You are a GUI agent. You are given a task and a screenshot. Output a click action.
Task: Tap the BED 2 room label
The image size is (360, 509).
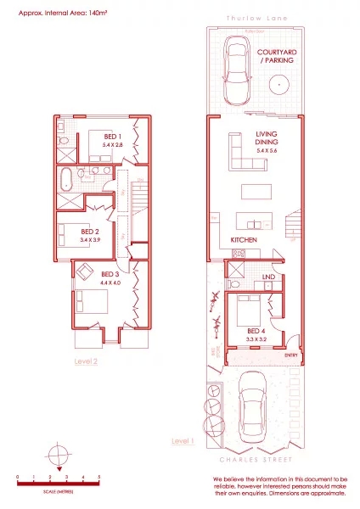pyautogui.click(x=90, y=231)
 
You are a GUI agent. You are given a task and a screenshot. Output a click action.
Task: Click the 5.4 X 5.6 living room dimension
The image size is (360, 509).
pyautogui.click(x=267, y=149)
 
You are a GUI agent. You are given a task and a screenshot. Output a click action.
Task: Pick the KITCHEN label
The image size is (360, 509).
pyautogui.click(x=244, y=240)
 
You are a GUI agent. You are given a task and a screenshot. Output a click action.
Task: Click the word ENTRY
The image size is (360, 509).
pyautogui.click(x=292, y=355)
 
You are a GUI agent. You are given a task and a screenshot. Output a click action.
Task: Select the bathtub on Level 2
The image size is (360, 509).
pyautogui.click(x=66, y=179)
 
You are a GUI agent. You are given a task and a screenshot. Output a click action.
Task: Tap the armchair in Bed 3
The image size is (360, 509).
pyautogui.click(x=85, y=271)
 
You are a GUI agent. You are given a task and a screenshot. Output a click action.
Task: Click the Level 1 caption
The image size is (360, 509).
pyautogui.click(x=183, y=441)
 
